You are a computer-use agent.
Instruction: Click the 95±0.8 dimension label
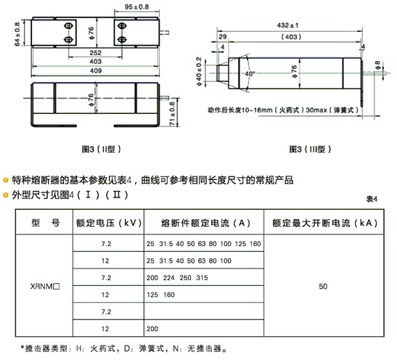click(x=136, y=7)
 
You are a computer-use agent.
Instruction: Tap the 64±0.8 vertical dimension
click(x=17, y=34)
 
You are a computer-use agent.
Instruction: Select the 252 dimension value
click(x=96, y=53)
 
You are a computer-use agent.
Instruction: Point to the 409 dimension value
click(x=96, y=70)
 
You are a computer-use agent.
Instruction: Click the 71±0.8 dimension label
click(x=172, y=114)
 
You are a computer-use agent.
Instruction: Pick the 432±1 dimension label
click(x=287, y=25)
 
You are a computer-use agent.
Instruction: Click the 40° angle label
click(x=250, y=74)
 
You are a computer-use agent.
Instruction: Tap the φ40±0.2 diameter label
click(x=199, y=71)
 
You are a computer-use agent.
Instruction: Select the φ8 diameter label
click(x=377, y=65)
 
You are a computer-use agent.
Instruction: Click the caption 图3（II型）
click(x=102, y=149)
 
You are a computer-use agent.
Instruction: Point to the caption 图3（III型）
click(x=310, y=149)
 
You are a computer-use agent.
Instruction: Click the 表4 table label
click(x=372, y=199)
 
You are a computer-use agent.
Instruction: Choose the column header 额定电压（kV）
click(x=109, y=223)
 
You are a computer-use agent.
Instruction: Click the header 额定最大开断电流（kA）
click(x=325, y=223)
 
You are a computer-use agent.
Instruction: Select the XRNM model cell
click(x=45, y=286)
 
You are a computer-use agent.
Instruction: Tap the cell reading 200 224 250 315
click(x=177, y=278)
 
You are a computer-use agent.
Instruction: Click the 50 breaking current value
click(x=323, y=286)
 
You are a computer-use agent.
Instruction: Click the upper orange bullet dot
click(x=6, y=180)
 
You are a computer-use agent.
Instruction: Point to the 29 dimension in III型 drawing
click(x=223, y=37)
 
